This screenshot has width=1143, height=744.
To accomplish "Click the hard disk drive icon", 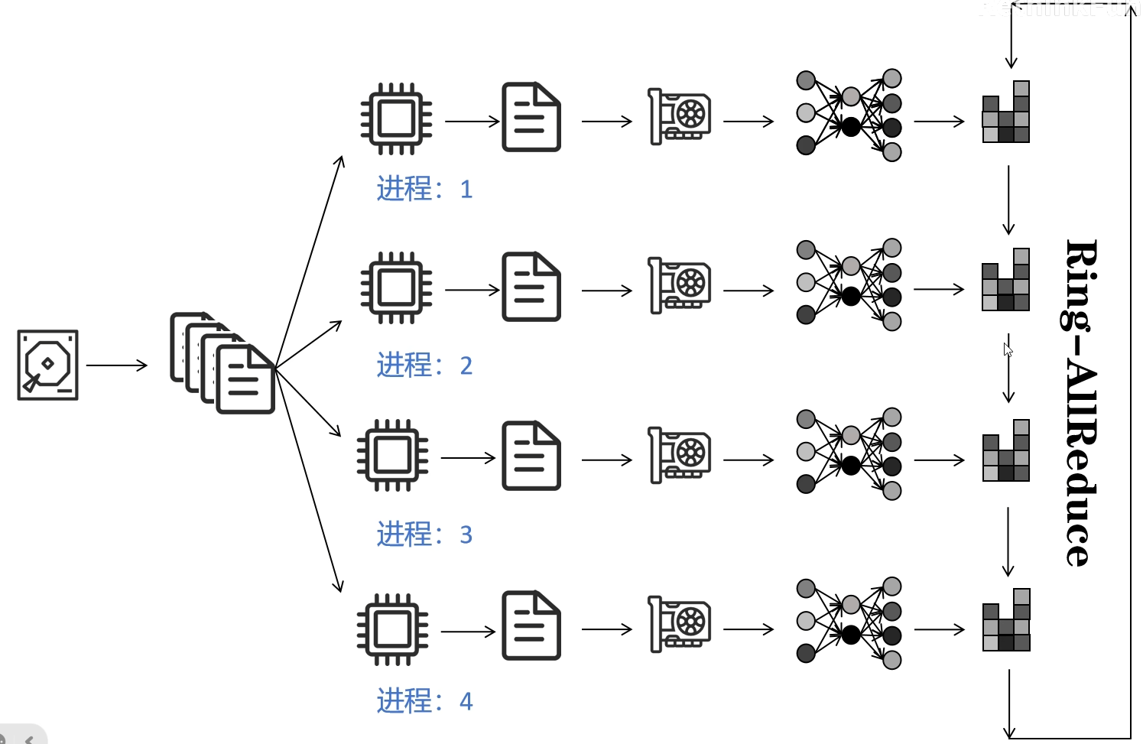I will tap(47, 365).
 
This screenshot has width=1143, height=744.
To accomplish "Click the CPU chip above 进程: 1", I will tap(396, 119).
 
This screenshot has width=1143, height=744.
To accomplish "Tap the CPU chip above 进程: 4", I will tap(392, 629).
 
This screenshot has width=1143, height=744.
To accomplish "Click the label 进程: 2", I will tap(424, 366).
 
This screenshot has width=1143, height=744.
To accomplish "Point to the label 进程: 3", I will tap(424, 534).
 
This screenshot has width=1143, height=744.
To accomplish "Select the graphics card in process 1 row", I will tap(680, 116).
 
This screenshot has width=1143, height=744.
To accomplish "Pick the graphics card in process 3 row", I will tap(680, 455).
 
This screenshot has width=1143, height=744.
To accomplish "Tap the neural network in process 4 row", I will tap(849, 623).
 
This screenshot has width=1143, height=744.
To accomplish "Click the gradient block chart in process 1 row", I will tap(1006, 112).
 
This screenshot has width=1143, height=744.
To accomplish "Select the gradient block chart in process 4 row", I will tap(1006, 620).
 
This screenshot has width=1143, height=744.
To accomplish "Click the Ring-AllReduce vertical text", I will tap(1082, 402).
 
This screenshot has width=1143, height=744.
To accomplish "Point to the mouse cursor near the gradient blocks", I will tap(1008, 349).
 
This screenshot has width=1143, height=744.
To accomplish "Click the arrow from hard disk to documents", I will tap(116, 366).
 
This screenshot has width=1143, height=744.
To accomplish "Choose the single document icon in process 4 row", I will tap(531, 625).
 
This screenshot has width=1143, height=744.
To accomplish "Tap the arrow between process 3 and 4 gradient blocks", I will tap(1008, 541).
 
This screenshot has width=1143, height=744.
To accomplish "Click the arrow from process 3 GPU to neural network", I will tap(748, 460).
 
